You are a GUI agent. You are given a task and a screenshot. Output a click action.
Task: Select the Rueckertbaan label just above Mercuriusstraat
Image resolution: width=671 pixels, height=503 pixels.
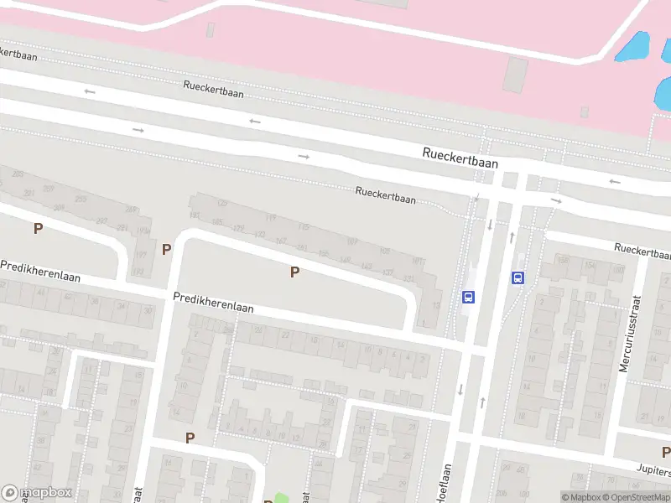pos(642,249)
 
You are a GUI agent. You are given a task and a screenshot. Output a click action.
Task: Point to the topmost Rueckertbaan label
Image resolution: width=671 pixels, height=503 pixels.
pos(214,89)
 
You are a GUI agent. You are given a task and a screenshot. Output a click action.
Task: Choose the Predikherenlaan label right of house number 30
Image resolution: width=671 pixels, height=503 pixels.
pos(213,303)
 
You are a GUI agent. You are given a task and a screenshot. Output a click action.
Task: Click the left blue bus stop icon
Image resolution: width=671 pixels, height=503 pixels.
pos(468,297)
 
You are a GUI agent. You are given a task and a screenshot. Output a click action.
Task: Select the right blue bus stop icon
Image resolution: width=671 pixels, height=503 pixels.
pos(518,278)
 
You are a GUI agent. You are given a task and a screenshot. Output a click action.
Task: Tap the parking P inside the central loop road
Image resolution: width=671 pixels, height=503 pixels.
pos(294,272)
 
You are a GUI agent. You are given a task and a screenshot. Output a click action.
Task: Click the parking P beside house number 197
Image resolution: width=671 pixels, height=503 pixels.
pos(167,249)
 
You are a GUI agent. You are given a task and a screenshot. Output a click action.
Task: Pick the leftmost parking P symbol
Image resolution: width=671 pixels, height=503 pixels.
pos(37,228)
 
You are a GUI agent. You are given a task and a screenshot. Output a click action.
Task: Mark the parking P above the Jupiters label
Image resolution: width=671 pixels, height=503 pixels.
pos(665,453)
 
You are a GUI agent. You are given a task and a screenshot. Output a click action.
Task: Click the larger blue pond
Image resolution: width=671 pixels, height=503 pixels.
pos(635,46)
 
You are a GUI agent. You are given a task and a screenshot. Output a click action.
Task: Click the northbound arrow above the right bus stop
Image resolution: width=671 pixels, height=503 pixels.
pos(512,237)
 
